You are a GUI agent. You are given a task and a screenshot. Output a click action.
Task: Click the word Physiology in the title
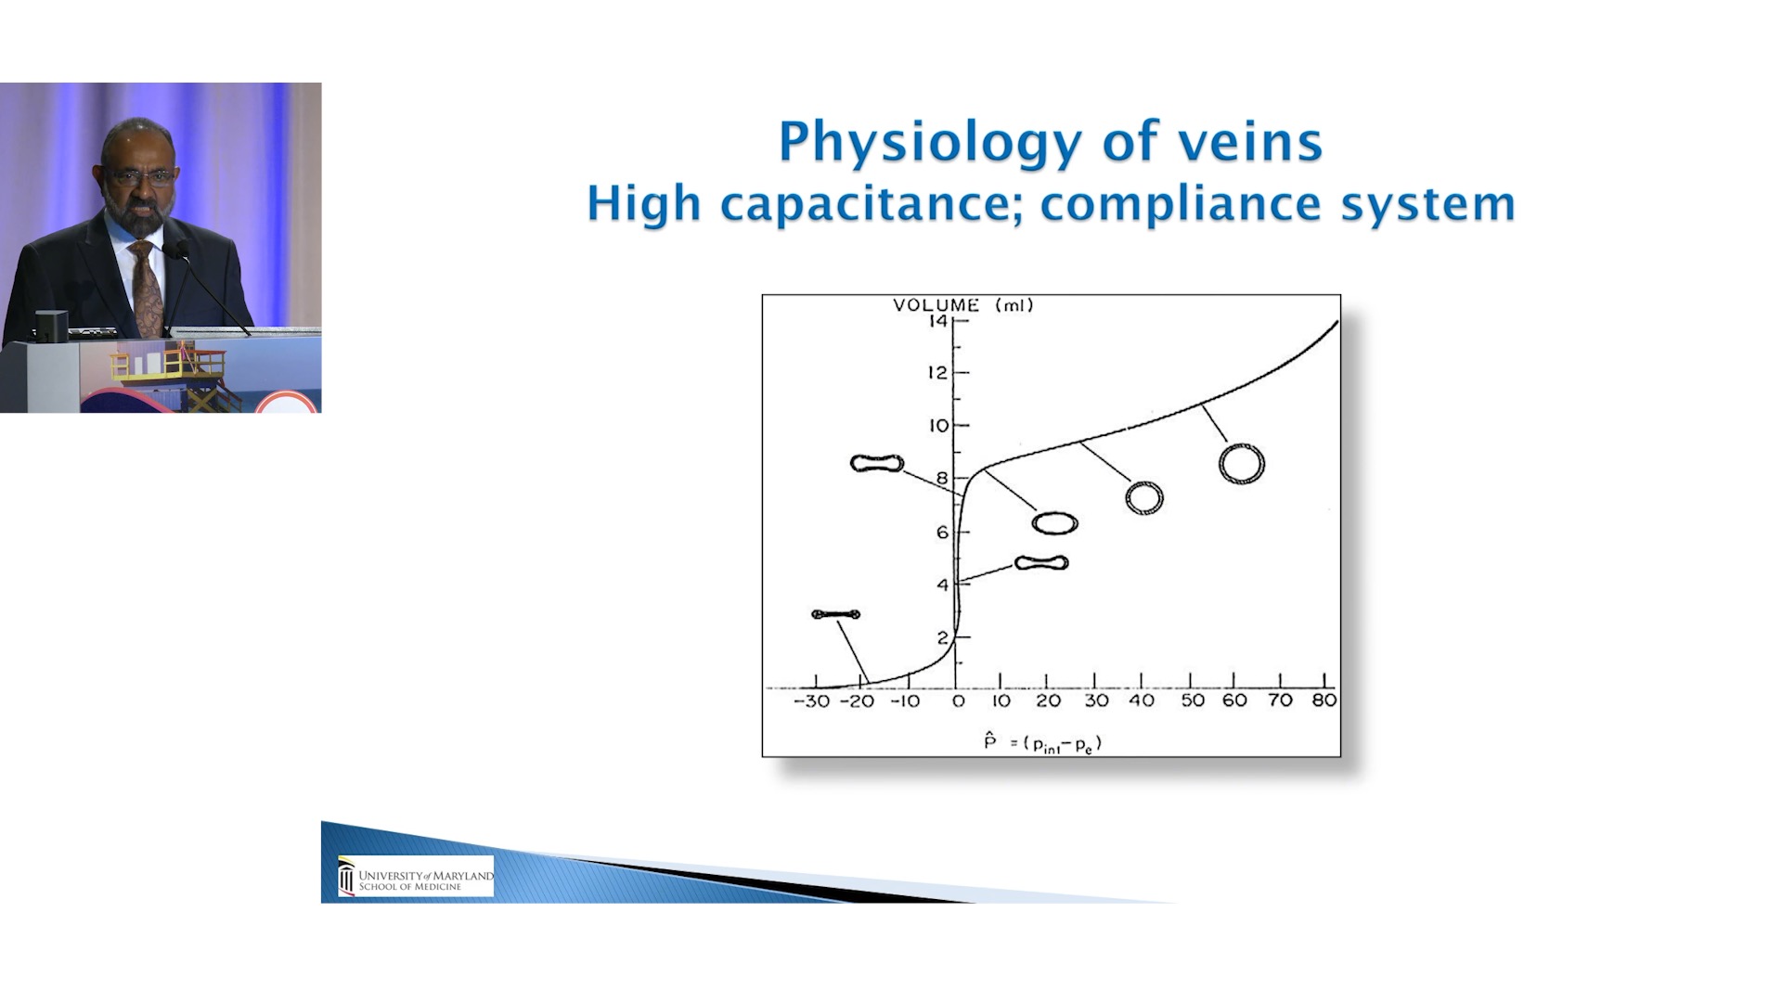click(930, 143)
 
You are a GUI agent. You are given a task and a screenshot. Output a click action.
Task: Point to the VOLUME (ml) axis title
click(963, 305)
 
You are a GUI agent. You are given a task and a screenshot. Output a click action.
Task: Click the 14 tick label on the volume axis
click(937, 321)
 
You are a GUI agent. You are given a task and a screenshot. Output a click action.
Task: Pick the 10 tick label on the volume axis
click(939, 426)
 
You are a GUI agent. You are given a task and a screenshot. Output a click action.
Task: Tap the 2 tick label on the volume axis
click(943, 638)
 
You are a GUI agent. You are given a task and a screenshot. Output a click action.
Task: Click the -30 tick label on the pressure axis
click(812, 701)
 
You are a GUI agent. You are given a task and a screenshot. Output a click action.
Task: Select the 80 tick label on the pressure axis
click(1324, 700)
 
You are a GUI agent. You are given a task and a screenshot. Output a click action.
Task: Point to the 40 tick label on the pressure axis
click(1142, 700)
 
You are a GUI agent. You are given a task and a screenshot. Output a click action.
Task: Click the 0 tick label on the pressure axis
click(959, 701)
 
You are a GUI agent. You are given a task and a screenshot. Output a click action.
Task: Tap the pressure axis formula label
click(1042, 743)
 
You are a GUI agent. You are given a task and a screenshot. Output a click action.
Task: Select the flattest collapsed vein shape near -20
click(836, 614)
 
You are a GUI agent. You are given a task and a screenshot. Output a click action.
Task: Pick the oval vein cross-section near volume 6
click(1035, 524)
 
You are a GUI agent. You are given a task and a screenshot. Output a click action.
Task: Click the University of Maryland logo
click(416, 876)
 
